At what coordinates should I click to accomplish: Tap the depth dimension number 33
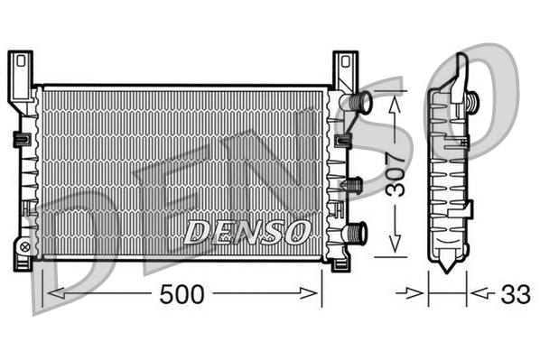(x=514, y=293)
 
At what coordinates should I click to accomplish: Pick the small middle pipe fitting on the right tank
(x=354, y=185)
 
